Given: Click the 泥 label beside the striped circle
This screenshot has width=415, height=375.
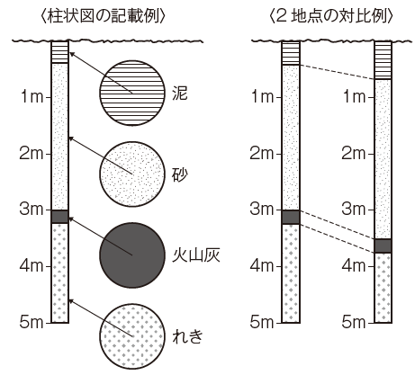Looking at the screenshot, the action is pos(180,94).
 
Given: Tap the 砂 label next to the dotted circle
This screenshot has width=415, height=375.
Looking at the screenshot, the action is pos(180,174).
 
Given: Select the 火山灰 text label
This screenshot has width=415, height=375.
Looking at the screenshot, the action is pos(196,255).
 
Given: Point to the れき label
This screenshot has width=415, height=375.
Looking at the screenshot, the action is pos(187,336).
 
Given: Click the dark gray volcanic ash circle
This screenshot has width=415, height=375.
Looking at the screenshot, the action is pos(132,255).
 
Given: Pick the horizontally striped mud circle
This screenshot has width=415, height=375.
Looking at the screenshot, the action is pos(132,93).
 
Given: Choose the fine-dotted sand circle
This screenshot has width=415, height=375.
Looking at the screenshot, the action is pos(132,174).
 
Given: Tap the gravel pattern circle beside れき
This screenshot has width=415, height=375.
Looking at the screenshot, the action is pos(132,336).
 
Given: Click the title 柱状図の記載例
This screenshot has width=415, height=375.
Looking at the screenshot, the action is pos(103,16).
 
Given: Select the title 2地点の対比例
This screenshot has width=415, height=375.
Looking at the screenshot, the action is pos(331,16).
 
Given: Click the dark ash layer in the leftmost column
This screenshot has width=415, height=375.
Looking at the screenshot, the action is pos(59,217).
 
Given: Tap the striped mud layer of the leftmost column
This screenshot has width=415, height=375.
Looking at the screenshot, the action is pos(59,52).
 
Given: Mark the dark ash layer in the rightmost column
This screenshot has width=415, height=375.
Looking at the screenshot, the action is pos(383,246).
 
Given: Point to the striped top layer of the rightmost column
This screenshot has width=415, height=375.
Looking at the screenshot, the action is pos(383,60).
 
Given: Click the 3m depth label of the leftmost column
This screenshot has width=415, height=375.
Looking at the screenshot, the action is pos(32,209).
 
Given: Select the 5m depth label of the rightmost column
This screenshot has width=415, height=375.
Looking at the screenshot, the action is pos(354,322).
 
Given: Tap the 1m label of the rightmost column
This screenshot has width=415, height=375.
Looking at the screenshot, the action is pos(354,97).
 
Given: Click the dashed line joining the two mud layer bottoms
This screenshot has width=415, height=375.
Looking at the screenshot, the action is pos(337,72).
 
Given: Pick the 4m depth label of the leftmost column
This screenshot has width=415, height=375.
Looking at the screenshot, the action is pos(32,265).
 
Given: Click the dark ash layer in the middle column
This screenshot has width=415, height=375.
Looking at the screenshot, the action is pos(291,217).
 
